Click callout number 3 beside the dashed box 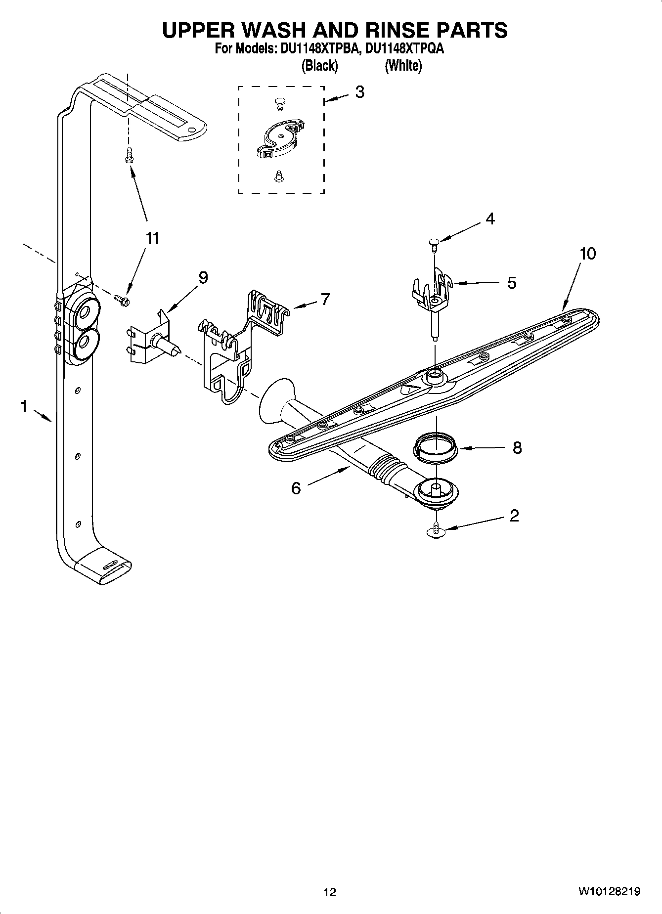(359, 92)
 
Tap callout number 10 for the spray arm (587, 254)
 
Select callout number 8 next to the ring (517, 448)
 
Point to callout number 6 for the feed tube (296, 488)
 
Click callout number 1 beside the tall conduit (23, 406)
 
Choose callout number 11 (152, 239)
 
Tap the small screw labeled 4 (434, 243)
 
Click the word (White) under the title (403, 65)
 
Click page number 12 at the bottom (330, 892)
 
